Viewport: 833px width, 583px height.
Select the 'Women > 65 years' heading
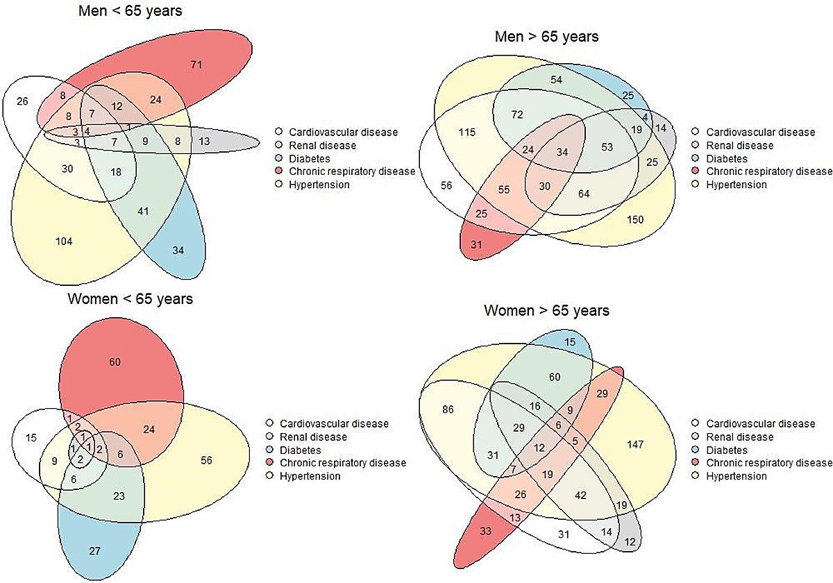[x=546, y=310]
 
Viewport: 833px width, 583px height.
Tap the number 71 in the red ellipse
[x=195, y=65]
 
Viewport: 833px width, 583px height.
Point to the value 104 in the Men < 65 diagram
[x=64, y=241]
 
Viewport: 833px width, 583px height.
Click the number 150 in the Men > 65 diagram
[x=635, y=220]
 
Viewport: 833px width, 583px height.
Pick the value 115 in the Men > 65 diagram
[x=467, y=132]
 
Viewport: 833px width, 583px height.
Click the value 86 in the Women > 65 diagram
[x=447, y=409]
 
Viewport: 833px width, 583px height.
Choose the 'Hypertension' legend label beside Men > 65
[x=736, y=185]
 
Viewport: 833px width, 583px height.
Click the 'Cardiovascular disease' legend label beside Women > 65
[x=755, y=423]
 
